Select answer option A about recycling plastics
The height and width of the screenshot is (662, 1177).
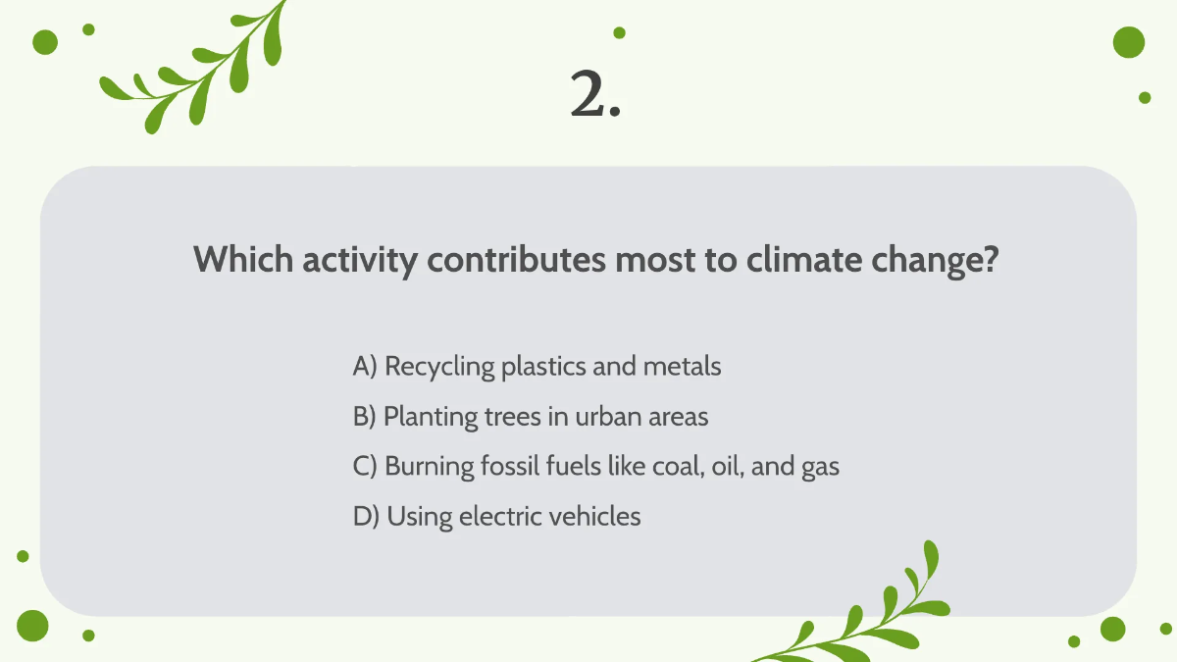pos(537,367)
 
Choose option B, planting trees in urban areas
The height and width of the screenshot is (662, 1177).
pos(530,417)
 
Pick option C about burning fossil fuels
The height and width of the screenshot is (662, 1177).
pos(595,467)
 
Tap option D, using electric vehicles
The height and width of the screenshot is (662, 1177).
pos(496,517)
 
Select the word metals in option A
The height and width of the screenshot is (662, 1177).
pos(682,367)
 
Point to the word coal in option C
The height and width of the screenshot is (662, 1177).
pos(678,467)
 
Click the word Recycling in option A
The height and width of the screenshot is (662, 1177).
pos(439,368)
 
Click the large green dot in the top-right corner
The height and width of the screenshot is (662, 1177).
pos(1129,42)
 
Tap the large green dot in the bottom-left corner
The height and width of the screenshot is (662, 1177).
pos(32,625)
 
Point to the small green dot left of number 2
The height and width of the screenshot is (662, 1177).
pos(619,32)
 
